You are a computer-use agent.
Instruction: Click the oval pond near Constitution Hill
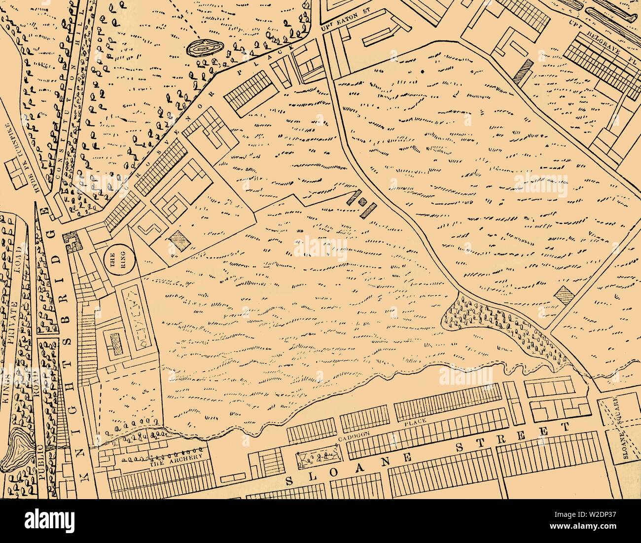tap(204, 48)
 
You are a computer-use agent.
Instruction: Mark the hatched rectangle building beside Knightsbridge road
tap(116, 343)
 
